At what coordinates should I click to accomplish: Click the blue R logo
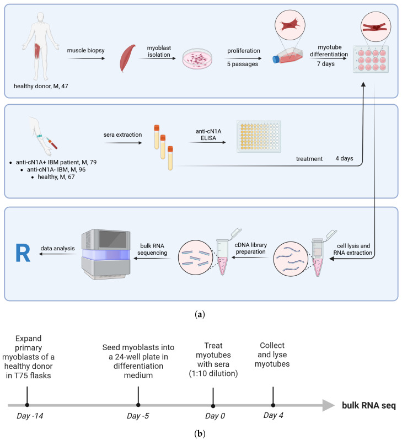[x=23, y=253]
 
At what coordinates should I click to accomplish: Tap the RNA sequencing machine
[x=106, y=254]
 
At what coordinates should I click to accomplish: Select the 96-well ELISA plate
[x=259, y=136]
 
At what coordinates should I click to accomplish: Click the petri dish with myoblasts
[x=197, y=58]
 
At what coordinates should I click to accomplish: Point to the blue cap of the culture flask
[x=276, y=59]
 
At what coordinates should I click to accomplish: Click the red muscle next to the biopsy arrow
[x=127, y=58]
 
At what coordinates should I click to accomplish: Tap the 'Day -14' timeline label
[x=30, y=416]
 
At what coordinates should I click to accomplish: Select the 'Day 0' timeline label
[x=215, y=416]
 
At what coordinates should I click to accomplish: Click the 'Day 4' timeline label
[x=273, y=415]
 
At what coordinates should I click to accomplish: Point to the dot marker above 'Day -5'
[x=138, y=405]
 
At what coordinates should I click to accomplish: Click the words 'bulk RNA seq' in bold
[x=369, y=405]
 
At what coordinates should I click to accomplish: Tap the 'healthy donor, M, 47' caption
[x=41, y=86]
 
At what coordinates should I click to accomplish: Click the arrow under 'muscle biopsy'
[x=86, y=58]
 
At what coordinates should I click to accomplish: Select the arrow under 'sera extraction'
[x=123, y=143]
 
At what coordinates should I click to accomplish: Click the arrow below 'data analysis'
[x=57, y=254]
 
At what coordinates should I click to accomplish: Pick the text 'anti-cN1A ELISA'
[x=208, y=135]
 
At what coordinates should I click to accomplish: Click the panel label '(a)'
[x=200, y=314]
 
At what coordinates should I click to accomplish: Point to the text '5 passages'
[x=243, y=64]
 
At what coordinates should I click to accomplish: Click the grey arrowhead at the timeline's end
[x=329, y=405]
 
